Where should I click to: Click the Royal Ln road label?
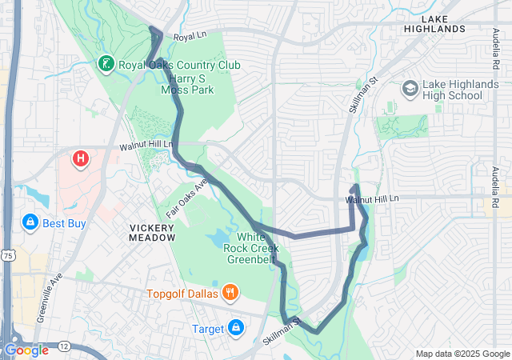[x=190, y=37]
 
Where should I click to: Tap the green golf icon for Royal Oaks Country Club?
[x=106, y=63]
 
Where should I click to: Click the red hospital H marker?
[x=81, y=159]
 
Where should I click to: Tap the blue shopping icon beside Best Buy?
[x=30, y=222]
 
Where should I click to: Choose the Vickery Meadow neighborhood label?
[x=152, y=232]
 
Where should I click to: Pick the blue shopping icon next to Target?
[x=236, y=327]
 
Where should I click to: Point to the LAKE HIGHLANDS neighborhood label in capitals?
[x=434, y=23]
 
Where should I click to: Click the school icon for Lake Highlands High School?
[x=410, y=88]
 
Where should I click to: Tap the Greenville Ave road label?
[x=47, y=297]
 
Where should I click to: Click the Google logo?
[x=26, y=350]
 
